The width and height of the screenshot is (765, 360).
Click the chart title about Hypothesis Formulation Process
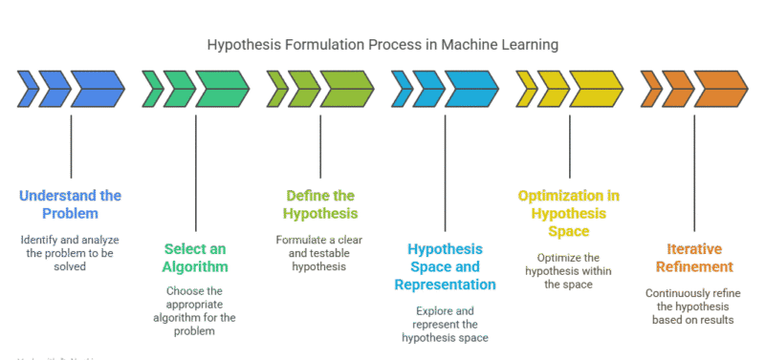coord(382,45)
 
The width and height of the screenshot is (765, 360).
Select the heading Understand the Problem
coord(71,203)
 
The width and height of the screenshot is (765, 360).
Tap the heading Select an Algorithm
coord(195,258)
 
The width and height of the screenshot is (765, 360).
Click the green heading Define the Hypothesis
coord(320,203)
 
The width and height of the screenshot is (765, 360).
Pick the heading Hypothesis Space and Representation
coord(445,266)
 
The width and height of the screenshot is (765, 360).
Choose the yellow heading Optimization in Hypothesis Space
coord(569,212)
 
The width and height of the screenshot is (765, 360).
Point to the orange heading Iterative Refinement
coord(693,258)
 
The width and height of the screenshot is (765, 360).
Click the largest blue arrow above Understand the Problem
coord(97,89)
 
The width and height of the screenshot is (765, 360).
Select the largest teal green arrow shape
coord(222,89)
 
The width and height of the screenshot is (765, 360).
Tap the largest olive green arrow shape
coord(346,89)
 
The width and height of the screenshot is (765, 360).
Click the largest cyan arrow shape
coord(470,89)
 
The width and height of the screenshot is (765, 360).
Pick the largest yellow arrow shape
coord(595,89)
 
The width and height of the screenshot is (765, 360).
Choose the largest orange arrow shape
coord(719,89)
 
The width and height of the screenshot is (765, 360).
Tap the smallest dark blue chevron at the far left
coord(28,89)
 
